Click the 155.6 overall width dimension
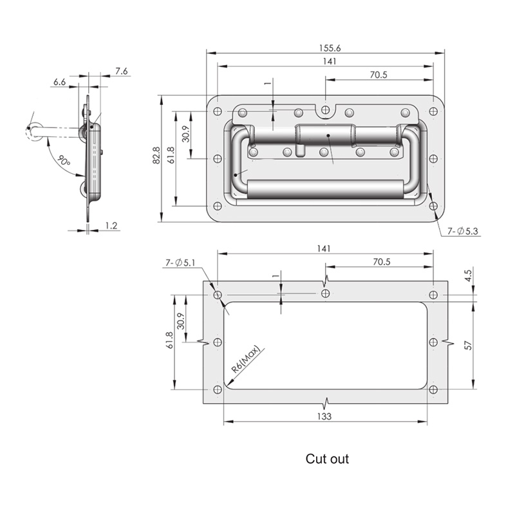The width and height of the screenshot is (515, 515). (x=330, y=48)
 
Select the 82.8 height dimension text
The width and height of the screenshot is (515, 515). (x=156, y=155)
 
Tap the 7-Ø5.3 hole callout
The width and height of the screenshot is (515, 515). (x=462, y=231)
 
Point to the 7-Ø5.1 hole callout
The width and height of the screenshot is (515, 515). (x=180, y=263)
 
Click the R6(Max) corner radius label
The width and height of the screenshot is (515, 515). (x=246, y=359)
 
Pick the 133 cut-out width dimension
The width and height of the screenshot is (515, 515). (x=324, y=417)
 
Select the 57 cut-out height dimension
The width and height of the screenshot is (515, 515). (x=468, y=346)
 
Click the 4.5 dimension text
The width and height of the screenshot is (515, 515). (x=468, y=276)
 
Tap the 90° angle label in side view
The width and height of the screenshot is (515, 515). (x=64, y=160)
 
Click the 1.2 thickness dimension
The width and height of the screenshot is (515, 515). (x=111, y=226)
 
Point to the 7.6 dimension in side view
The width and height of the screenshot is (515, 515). (x=121, y=71)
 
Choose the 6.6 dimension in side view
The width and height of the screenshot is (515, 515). (x=59, y=82)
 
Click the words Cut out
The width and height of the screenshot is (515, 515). (x=327, y=459)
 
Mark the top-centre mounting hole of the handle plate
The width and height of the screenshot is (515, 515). (x=326, y=109)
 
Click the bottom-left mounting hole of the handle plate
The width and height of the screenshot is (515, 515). (x=218, y=206)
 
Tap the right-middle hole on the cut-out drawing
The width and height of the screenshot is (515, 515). (x=433, y=342)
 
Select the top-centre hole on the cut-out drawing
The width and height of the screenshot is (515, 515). (x=326, y=294)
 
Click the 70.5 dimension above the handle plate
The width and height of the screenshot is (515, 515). (x=379, y=75)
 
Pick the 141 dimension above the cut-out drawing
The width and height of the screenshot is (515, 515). (x=324, y=248)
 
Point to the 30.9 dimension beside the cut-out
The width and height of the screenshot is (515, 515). (x=181, y=321)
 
